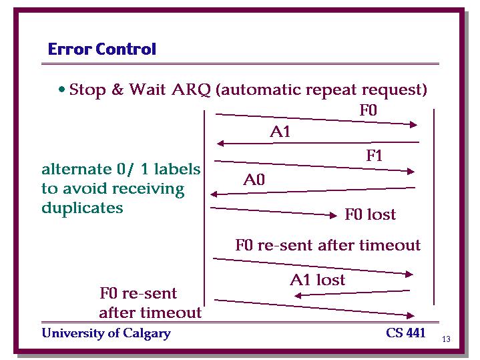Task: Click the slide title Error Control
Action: [102, 49]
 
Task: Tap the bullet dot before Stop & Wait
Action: [62, 89]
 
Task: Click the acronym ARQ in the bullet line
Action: [192, 89]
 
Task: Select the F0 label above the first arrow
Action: [369, 110]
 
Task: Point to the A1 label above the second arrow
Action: [280, 132]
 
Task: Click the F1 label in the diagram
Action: [374, 156]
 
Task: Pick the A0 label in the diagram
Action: [254, 179]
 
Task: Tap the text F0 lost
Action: [370, 214]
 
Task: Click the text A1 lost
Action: [318, 279]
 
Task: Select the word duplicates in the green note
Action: [82, 208]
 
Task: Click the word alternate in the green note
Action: [77, 169]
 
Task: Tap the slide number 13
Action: [446, 339]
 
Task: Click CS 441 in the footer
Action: [406, 333]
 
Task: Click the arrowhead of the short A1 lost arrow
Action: [298, 296]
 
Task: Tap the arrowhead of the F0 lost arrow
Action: [334, 215]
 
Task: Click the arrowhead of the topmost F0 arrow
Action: [413, 124]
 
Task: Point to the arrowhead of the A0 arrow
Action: [214, 194]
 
